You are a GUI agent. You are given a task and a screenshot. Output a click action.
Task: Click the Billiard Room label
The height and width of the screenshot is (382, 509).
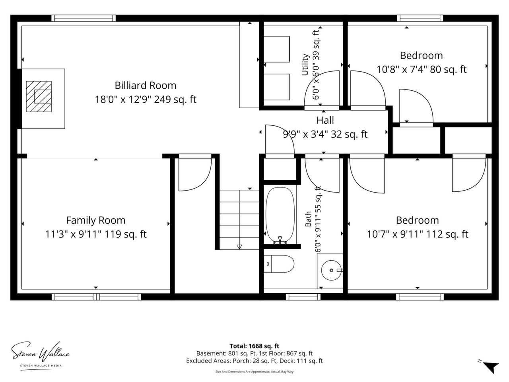click(x=146, y=85)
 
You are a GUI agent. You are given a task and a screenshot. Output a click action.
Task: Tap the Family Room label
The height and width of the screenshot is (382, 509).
click(x=95, y=220)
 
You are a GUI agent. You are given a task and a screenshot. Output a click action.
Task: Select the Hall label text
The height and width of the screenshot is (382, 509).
click(x=325, y=120)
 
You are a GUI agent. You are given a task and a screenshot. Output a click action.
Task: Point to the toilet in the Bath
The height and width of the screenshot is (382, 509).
click(x=279, y=264)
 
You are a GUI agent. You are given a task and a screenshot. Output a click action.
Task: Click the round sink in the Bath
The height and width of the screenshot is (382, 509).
click(x=331, y=270)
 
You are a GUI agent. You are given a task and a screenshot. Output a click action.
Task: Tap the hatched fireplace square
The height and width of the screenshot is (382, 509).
click(x=39, y=96)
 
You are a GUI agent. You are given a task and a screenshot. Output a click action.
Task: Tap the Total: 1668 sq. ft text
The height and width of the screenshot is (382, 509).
click(x=254, y=346)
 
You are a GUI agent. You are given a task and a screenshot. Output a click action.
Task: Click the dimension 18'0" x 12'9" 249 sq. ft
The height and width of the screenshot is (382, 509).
click(x=146, y=99)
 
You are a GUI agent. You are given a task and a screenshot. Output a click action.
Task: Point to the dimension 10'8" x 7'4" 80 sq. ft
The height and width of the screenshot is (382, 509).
click(x=422, y=69)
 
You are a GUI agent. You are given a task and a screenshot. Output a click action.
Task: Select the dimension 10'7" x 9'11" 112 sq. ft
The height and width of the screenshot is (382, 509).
click(x=418, y=234)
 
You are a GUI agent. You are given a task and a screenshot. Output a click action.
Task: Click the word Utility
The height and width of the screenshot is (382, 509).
click(x=305, y=65)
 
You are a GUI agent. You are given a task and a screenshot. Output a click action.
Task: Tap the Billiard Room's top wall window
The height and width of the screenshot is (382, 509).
click(x=84, y=18)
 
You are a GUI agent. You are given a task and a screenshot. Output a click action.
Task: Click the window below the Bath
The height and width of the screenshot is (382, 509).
click(x=303, y=297)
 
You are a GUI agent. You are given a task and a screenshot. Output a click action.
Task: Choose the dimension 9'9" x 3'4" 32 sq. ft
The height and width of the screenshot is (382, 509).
click(x=325, y=134)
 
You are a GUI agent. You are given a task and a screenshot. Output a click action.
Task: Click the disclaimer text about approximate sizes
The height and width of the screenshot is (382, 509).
click(x=254, y=372)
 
